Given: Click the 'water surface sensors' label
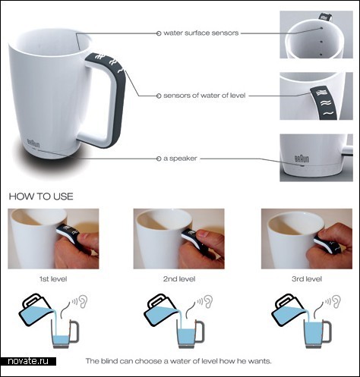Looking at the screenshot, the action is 201,33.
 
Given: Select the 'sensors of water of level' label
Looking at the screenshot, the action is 204,96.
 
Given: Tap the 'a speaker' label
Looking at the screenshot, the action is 180,159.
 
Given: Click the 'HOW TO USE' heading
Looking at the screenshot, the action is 41,196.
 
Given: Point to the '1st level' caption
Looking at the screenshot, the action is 53,279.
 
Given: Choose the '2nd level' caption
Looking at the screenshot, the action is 179,279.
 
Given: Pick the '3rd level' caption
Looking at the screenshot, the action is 307,279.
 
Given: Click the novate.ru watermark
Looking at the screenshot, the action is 28,361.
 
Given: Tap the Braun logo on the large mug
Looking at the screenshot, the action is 33,143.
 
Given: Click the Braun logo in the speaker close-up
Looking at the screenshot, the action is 302,159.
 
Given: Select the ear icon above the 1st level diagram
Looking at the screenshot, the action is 84,301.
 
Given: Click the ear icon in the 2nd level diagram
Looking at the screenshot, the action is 208,301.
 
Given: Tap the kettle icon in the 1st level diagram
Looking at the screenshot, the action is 36,309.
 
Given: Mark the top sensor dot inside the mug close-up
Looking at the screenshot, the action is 321,28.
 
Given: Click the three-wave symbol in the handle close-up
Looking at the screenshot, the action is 321,93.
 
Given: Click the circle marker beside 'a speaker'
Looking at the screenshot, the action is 159,159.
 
